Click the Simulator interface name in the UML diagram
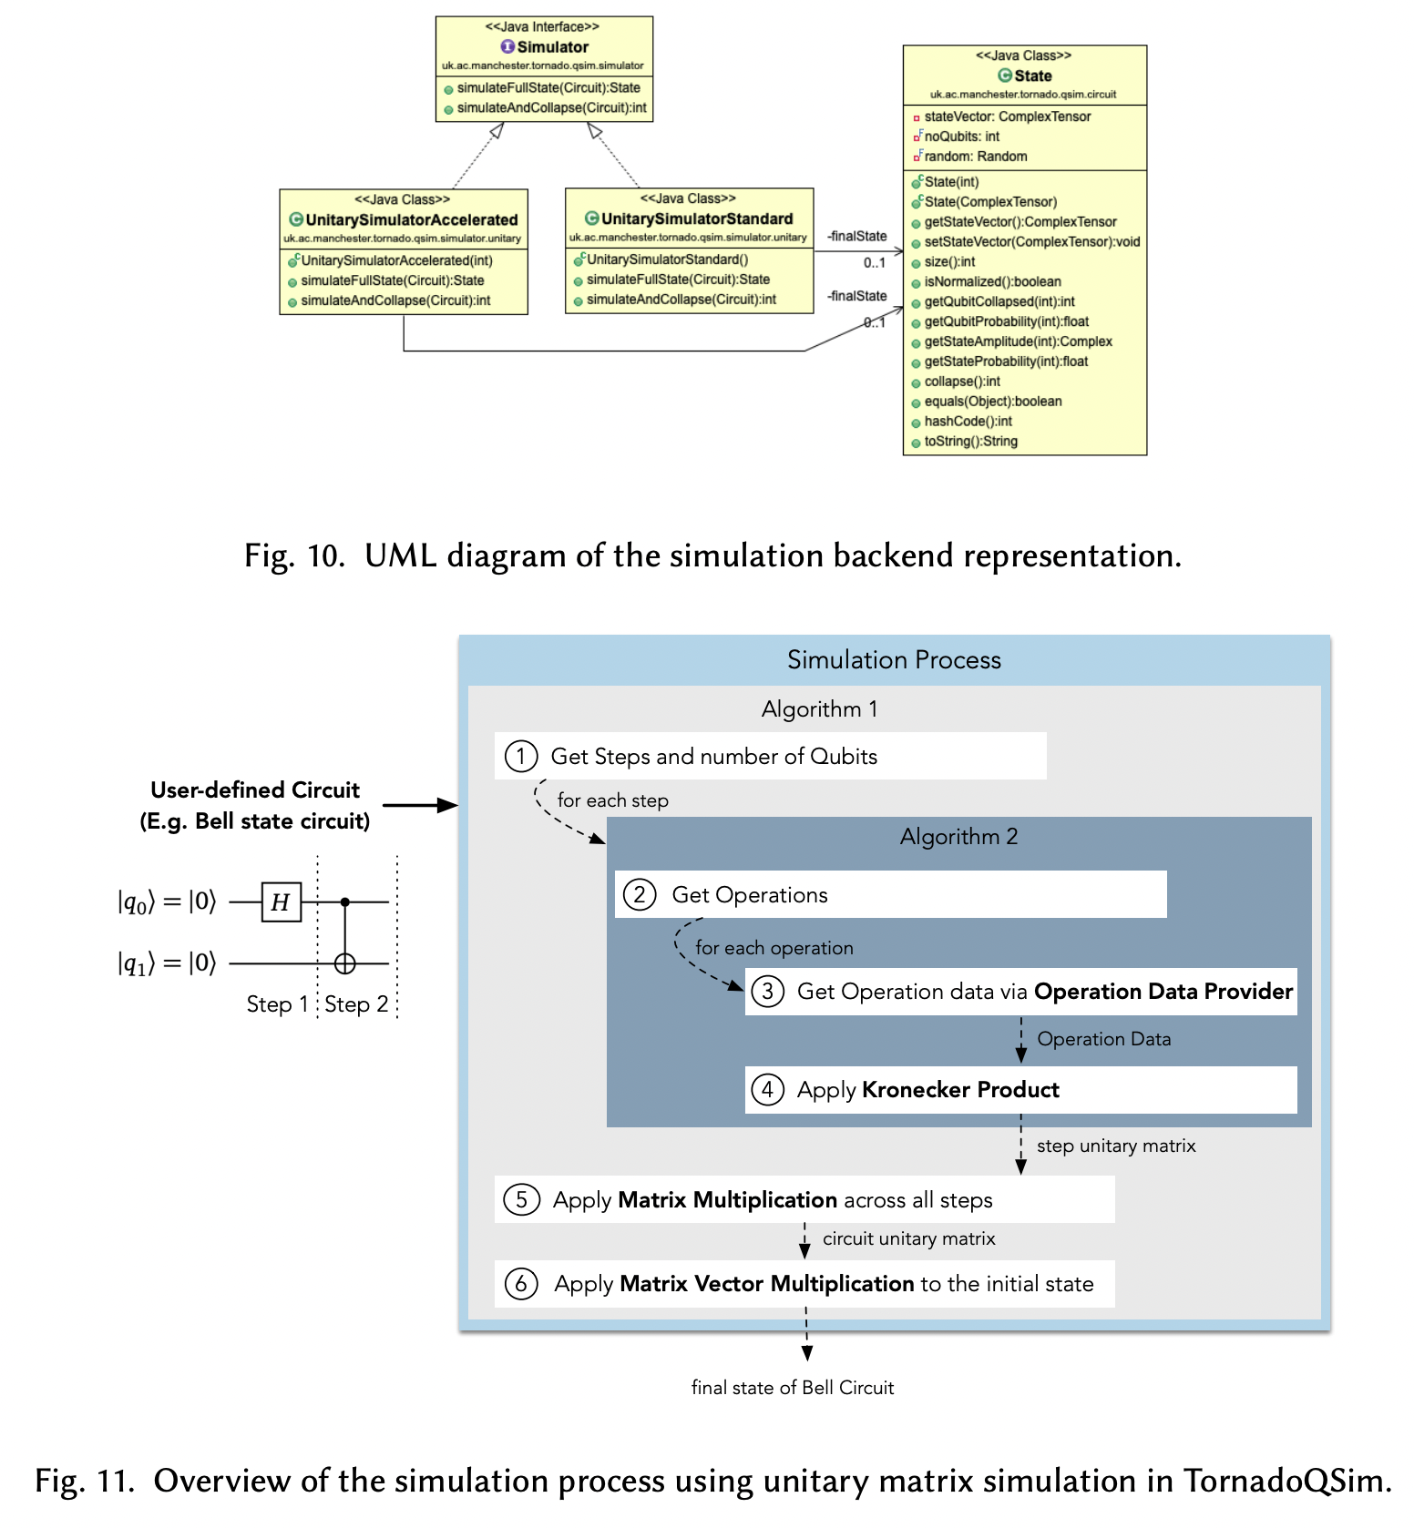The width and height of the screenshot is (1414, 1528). click(552, 46)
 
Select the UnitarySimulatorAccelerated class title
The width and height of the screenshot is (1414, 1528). click(411, 219)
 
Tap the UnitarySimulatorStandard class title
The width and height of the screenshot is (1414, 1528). click(696, 219)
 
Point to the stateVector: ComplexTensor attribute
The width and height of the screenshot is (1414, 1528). click(1007, 117)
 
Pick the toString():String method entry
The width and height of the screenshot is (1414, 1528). click(970, 442)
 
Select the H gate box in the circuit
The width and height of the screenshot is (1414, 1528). click(281, 902)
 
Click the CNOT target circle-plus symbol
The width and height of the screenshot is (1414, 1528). click(344, 963)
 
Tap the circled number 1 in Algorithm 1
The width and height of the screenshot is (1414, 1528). click(521, 757)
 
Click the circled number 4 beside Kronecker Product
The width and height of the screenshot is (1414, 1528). click(767, 1090)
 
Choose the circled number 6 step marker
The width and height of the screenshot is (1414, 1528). click(521, 1284)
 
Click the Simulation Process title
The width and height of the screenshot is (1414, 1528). click(894, 660)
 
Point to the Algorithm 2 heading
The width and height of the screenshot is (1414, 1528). click(958, 837)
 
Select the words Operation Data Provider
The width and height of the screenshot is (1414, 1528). click(1163, 992)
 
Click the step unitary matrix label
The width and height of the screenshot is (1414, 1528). click(1115, 1146)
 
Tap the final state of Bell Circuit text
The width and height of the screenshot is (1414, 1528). click(792, 1388)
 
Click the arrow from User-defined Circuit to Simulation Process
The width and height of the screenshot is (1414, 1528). click(419, 805)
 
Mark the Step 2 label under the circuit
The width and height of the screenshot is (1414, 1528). click(356, 1004)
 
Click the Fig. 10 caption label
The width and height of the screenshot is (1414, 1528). click(293, 555)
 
